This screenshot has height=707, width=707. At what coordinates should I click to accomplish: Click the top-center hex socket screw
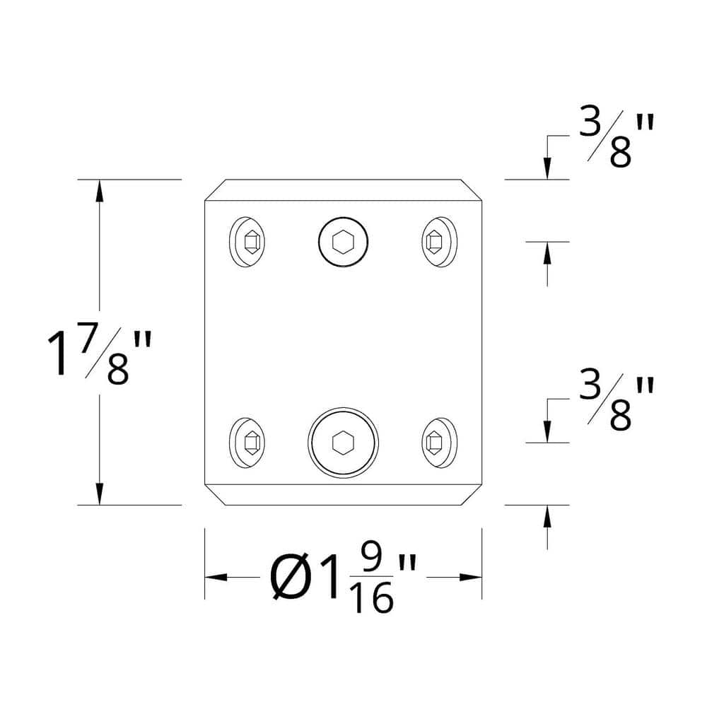(x=344, y=243)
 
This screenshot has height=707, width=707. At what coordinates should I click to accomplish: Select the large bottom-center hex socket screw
(x=343, y=443)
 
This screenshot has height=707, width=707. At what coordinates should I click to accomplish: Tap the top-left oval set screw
(x=248, y=243)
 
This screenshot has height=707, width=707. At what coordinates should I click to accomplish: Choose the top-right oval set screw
(x=438, y=243)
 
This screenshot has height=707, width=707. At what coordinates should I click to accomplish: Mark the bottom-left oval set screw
(x=248, y=443)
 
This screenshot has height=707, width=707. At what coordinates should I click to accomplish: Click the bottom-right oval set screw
(x=438, y=443)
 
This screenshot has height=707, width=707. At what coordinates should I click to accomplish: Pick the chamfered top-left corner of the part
(x=214, y=190)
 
